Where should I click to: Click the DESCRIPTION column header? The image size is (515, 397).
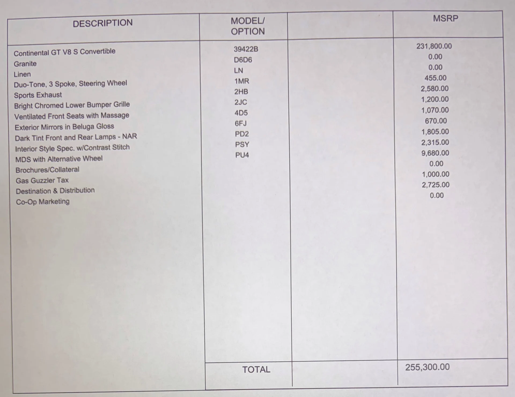tap(103, 23)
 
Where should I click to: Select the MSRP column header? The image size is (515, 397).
tap(446, 18)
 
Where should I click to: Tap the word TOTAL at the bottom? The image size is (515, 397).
tap(256, 370)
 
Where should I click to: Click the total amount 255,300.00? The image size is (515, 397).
tap(427, 367)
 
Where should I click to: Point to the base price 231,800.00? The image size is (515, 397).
tap(434, 46)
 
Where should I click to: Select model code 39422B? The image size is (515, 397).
tap(246, 49)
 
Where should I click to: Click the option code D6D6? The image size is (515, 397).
tap(243, 60)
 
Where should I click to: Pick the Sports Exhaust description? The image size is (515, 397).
tap(38, 95)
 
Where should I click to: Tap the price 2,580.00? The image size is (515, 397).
tap(435, 89)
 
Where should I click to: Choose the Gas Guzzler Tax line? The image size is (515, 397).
tap(42, 181)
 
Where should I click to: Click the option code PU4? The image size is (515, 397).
tap(242, 155)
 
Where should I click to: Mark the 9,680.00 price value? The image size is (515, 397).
tap(435, 153)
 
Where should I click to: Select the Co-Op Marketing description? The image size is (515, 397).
tap(43, 202)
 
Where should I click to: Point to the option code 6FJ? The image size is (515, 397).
tap(241, 123)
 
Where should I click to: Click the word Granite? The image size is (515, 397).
tap(25, 64)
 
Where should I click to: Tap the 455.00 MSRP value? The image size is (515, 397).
tap(435, 78)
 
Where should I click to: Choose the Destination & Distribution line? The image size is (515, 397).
tap(55, 191)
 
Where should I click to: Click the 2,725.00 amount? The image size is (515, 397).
tap(435, 185)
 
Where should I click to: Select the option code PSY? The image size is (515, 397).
tap(242, 145)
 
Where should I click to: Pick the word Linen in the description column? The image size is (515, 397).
tap(22, 74)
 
